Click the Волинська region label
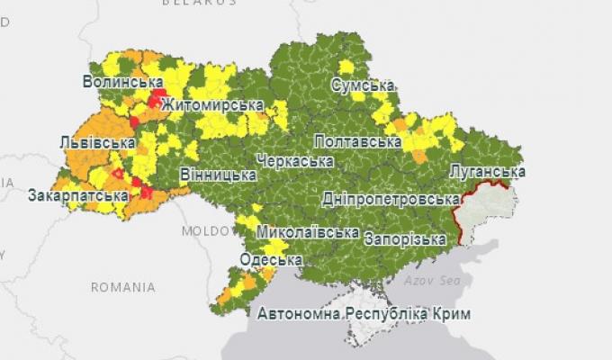pyautogui.click(x=122, y=82)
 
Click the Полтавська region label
pyautogui.click(x=357, y=142)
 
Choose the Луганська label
pyautogui.click(x=487, y=171)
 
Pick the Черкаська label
pyautogui.click(x=294, y=161)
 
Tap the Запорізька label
pyautogui.click(x=405, y=239)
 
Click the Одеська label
pyautogui.click(x=270, y=260)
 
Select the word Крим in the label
pyautogui.click(x=450, y=314)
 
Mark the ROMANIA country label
pyautogui.click(x=122, y=287)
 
